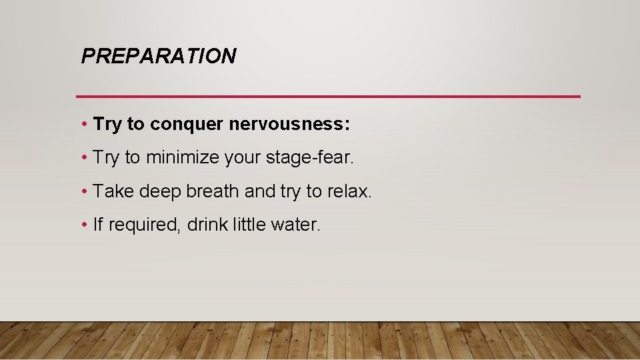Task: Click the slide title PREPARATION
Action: click(158, 56)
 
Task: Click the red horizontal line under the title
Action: click(328, 97)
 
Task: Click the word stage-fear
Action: click(315, 158)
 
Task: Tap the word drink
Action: click(207, 225)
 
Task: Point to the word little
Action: click(250, 225)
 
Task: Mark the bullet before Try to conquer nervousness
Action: click(85, 125)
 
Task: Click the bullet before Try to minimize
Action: click(85, 158)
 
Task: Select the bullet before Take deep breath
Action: click(85, 191)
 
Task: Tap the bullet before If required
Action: click(85, 225)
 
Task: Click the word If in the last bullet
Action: click(98, 225)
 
